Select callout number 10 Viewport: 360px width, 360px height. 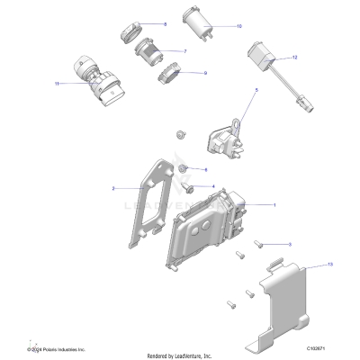tap(238, 27)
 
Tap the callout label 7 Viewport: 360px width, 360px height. tap(184, 51)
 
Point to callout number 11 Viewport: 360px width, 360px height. tap(57, 84)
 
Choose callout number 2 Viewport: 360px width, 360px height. tap(113, 188)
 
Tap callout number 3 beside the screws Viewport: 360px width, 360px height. tap(289, 244)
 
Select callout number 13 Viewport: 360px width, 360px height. tap(305, 265)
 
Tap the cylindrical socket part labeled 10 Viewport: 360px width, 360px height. tap(194, 21)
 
